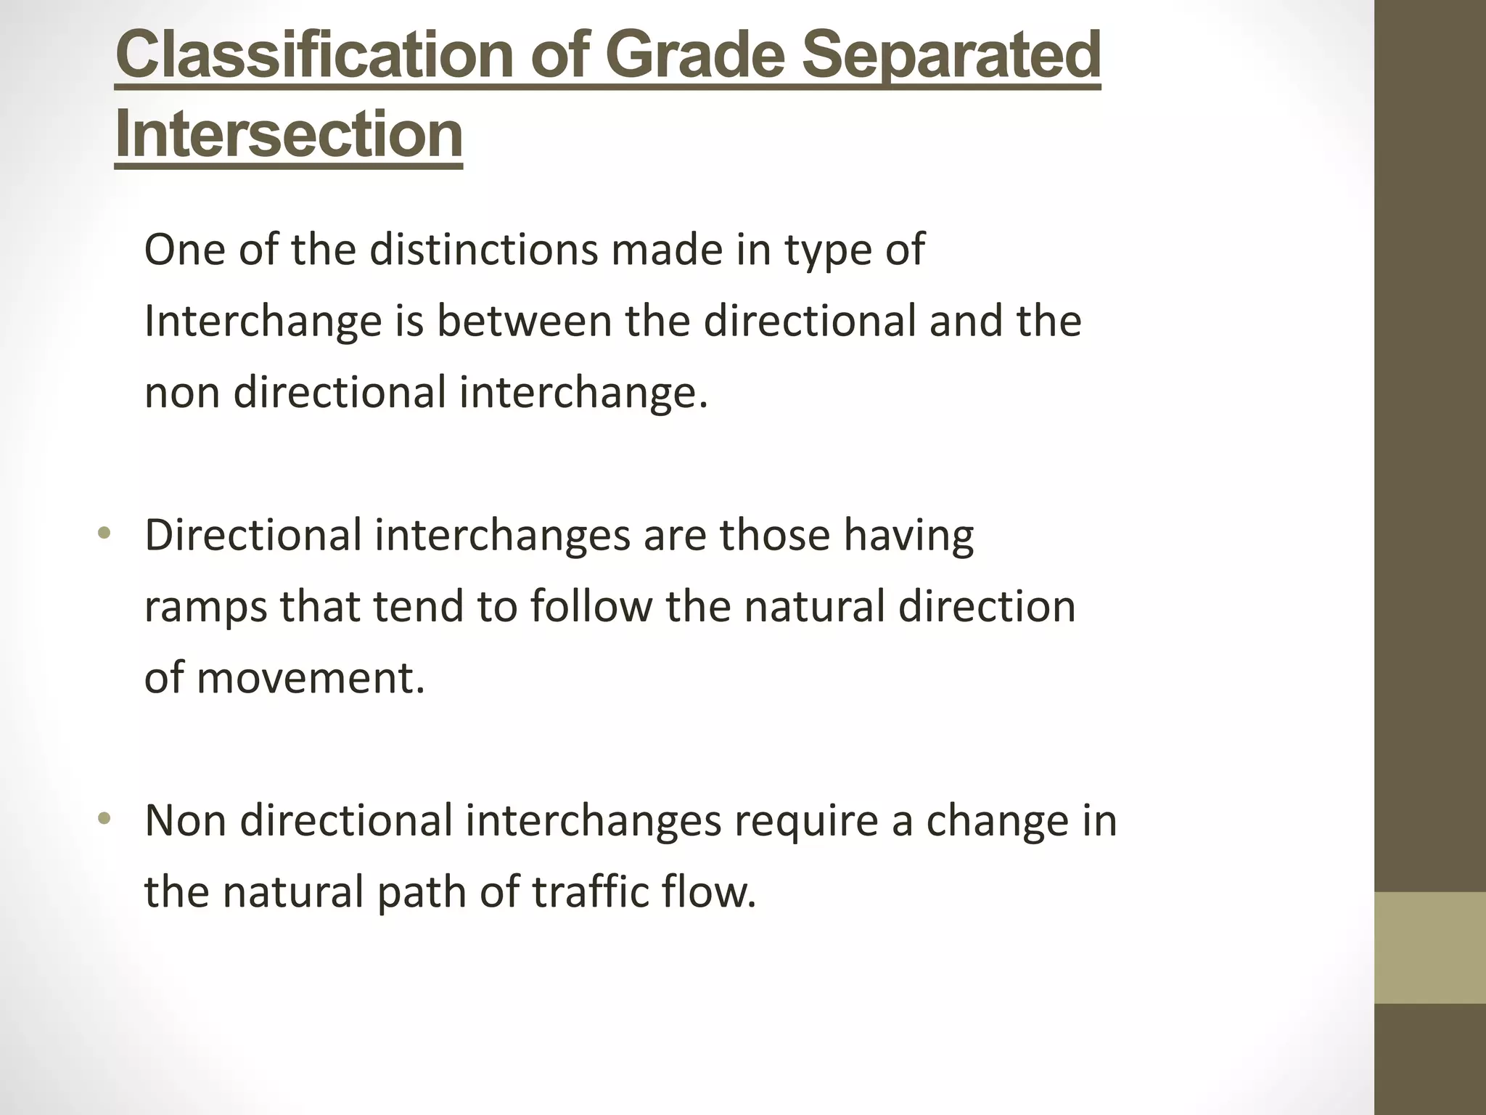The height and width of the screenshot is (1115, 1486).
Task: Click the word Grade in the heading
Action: pos(697,56)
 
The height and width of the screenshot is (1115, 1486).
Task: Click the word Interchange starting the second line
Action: pos(263,321)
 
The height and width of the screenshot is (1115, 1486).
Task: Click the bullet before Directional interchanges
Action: pos(104,534)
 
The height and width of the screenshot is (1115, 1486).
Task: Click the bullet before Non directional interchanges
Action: pos(104,820)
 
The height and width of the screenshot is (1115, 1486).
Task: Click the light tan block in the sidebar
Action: pos(1430,947)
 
